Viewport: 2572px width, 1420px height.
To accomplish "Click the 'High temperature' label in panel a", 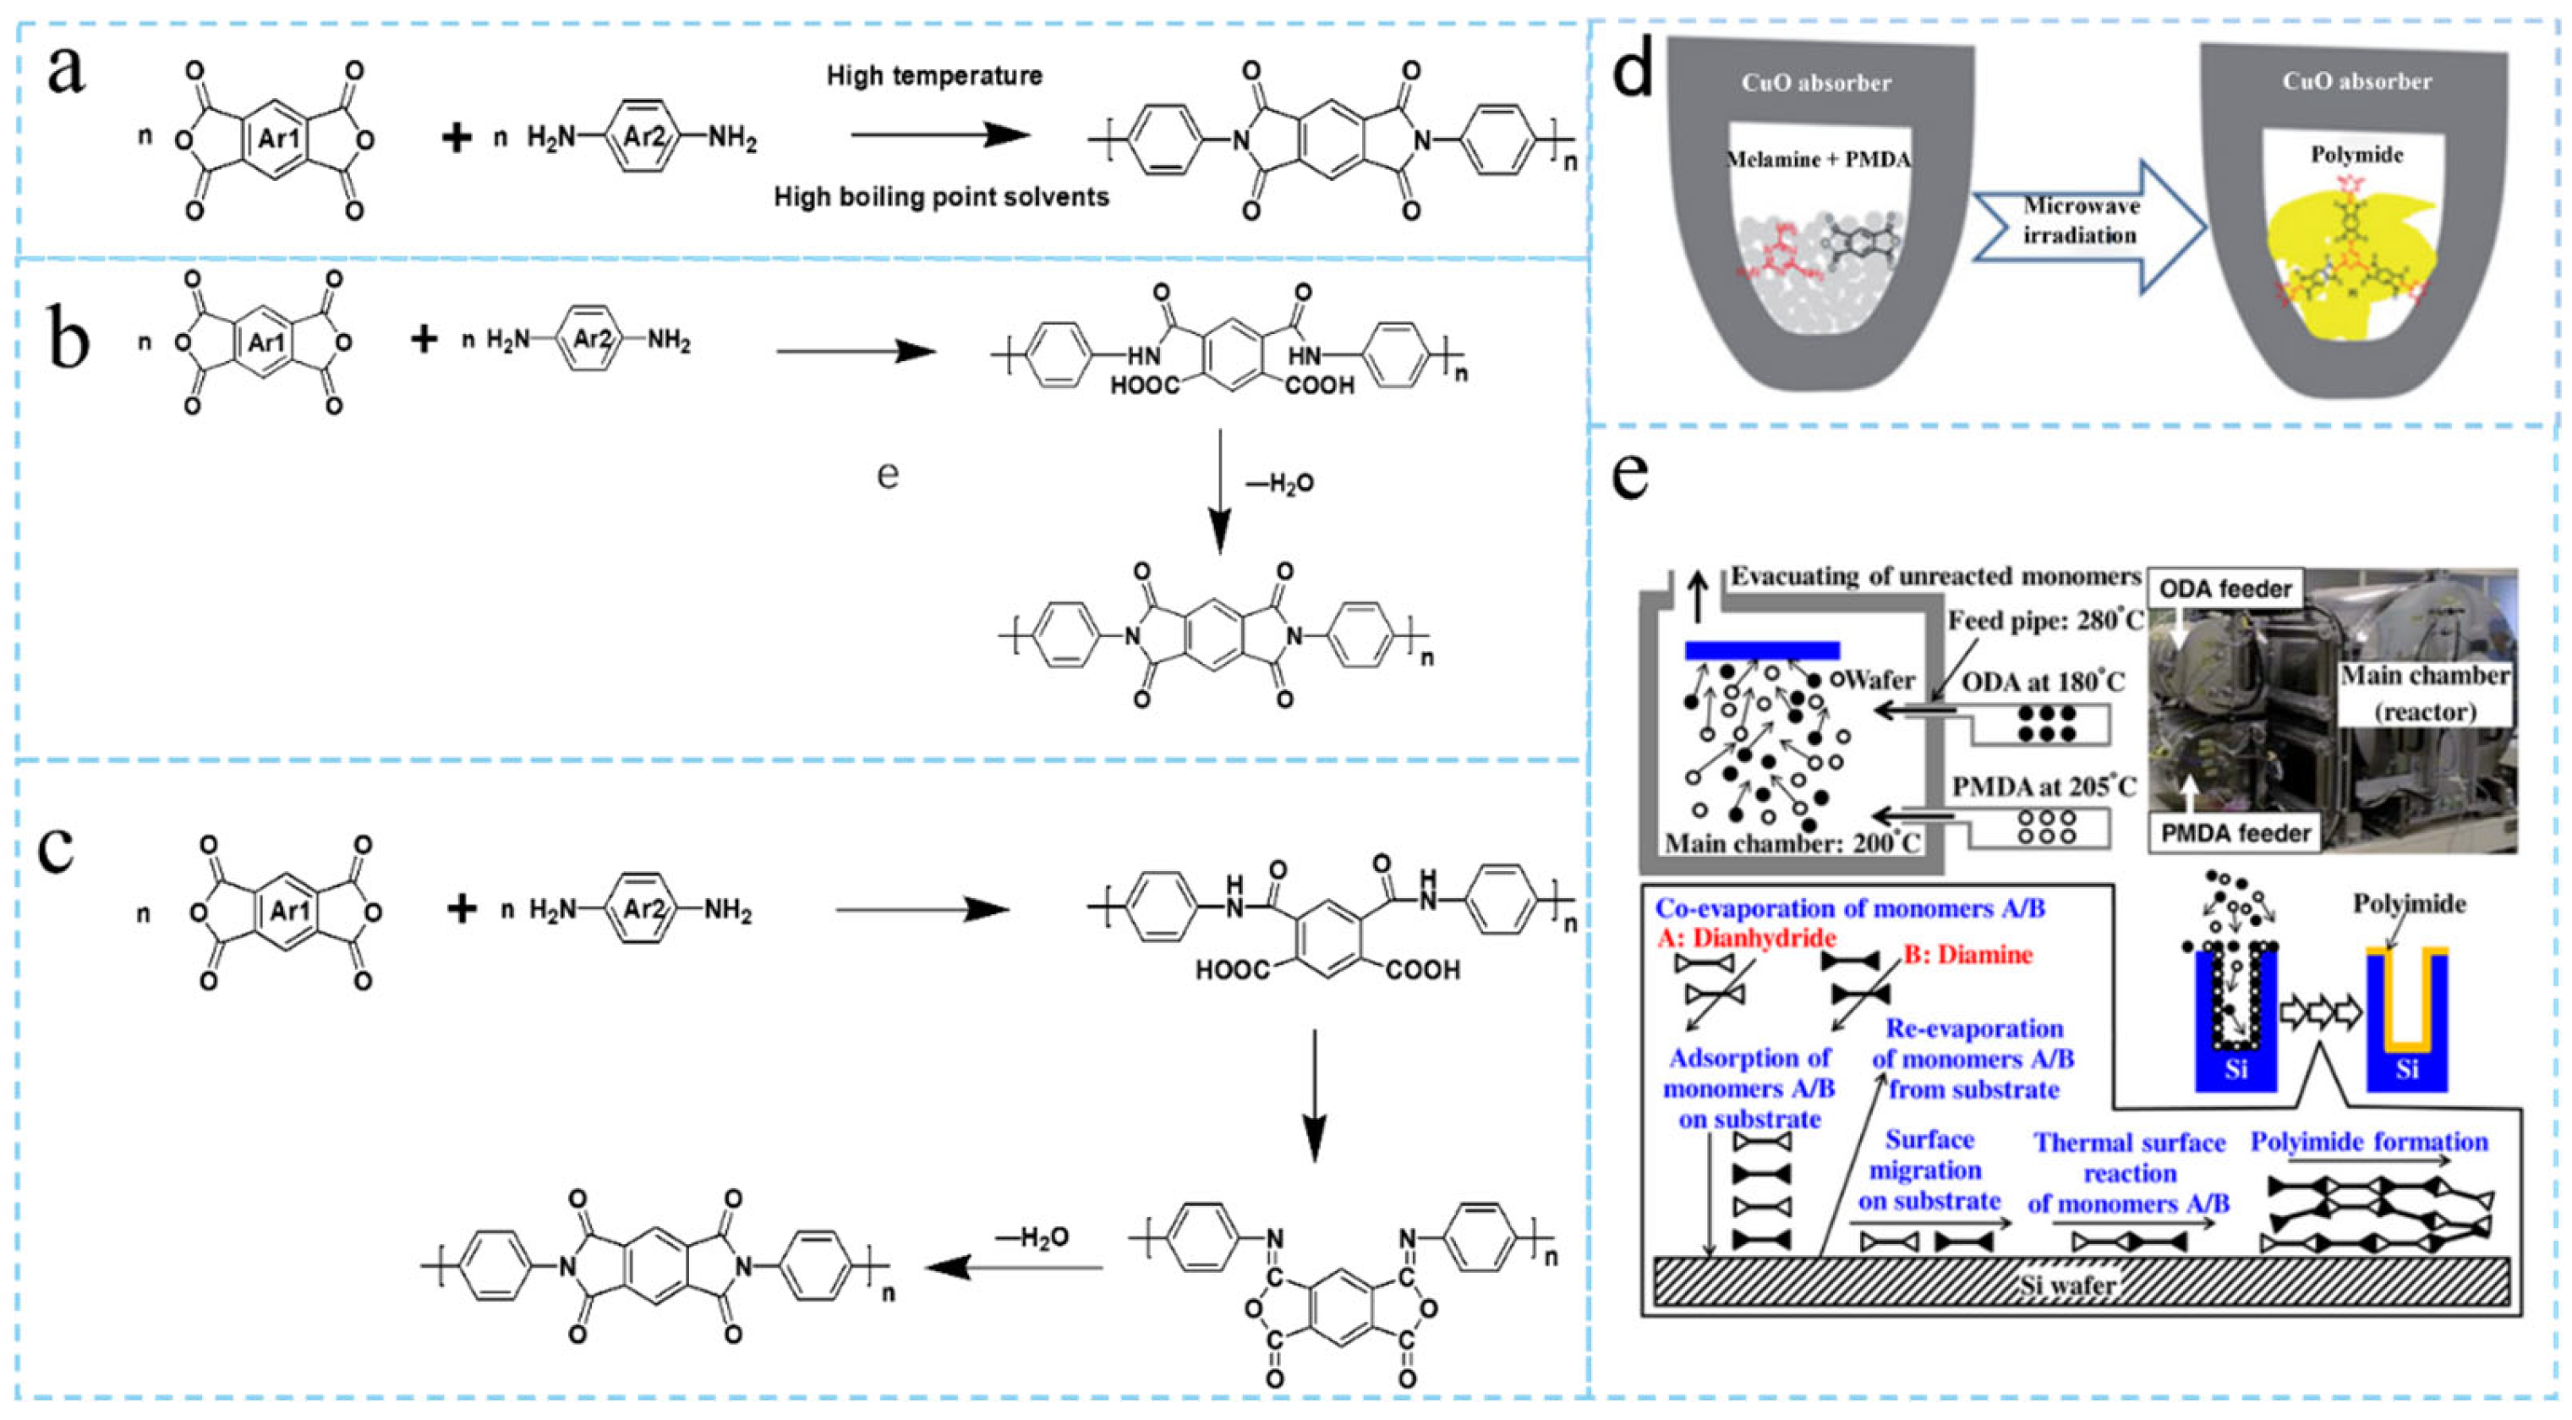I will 934,76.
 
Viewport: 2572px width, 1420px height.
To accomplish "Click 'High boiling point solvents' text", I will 942,198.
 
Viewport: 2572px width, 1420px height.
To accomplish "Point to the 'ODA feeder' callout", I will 2225,589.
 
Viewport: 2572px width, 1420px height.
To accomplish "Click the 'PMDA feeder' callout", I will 2235,833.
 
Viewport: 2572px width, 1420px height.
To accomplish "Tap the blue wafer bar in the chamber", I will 1762,651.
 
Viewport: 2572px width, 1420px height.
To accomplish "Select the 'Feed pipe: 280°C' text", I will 2044,620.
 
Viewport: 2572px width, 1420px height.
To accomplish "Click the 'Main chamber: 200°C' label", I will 1792,843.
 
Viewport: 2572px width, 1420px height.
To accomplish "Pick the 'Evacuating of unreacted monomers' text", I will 1936,576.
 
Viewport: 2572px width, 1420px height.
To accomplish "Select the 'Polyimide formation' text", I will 2368,1142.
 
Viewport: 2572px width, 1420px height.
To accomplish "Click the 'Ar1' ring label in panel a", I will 280,138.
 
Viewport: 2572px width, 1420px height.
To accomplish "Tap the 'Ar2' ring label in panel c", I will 644,910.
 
